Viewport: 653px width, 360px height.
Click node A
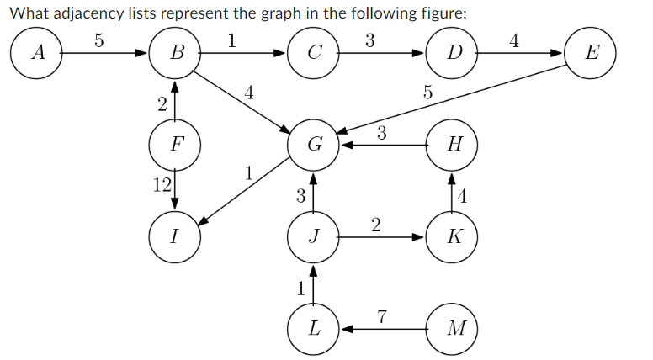35,53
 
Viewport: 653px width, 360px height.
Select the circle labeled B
174,53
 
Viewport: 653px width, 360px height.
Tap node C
313,53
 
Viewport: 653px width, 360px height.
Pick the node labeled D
453,53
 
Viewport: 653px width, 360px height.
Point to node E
592,53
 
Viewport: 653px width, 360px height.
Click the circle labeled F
174,144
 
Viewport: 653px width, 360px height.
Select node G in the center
313,144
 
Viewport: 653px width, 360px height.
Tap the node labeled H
453,144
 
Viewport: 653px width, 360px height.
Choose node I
174,236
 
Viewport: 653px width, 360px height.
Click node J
313,236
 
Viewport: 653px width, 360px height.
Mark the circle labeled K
453,236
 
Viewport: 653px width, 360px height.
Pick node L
313,326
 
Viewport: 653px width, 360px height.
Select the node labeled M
453,326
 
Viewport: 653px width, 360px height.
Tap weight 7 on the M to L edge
382,316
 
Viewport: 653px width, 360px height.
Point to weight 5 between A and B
98,39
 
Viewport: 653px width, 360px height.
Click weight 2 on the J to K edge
375,224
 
